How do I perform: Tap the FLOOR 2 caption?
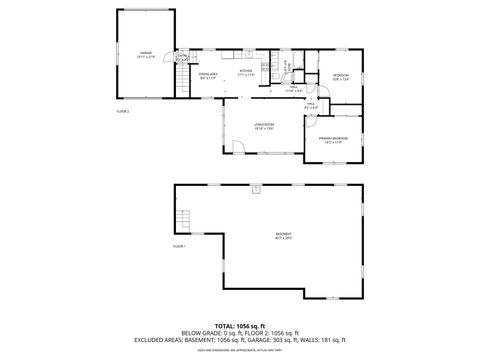click(123, 111)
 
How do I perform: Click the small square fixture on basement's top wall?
click(257, 188)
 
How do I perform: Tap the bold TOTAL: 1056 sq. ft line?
click(240, 326)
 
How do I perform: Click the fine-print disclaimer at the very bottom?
click(240, 350)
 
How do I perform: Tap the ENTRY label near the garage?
click(179, 57)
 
